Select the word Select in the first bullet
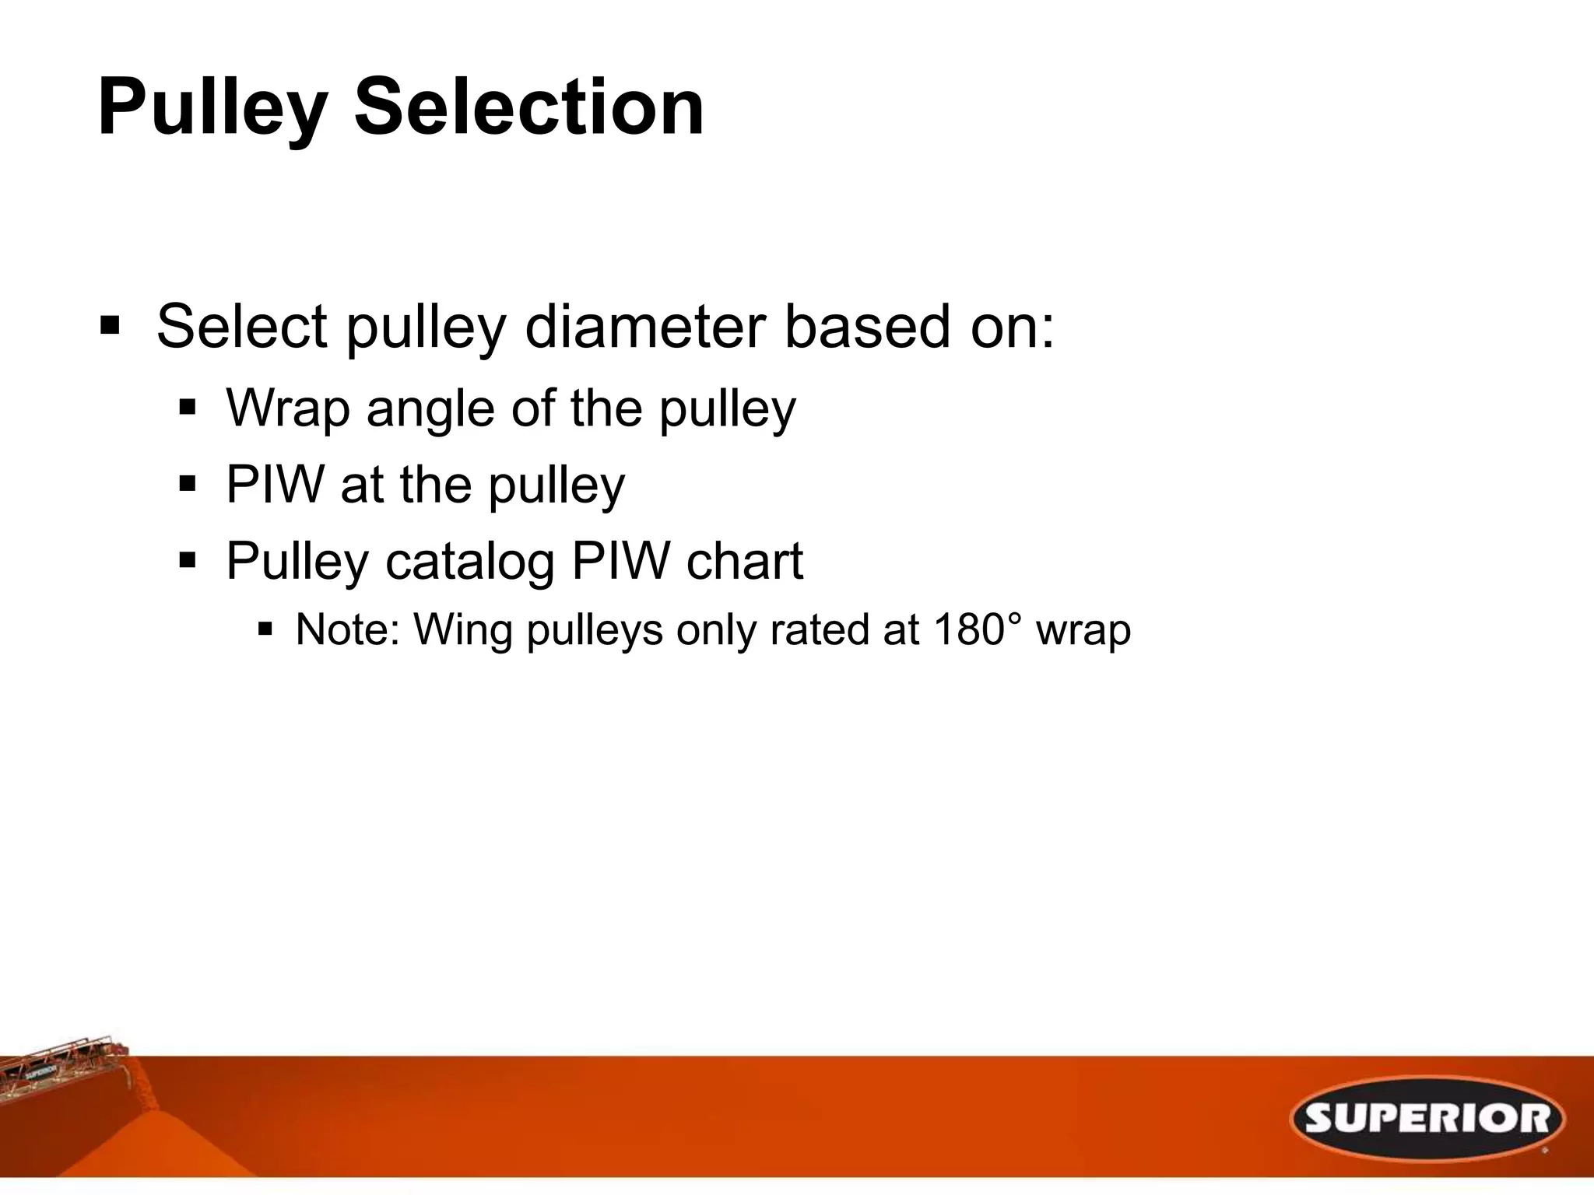tap(241, 327)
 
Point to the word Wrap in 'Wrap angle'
tap(288, 408)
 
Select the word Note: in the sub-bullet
tap(347, 629)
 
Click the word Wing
tap(462, 631)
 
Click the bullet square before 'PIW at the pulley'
tap(188, 485)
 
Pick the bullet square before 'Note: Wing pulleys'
tap(265, 628)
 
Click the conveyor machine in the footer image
tap(62, 1066)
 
